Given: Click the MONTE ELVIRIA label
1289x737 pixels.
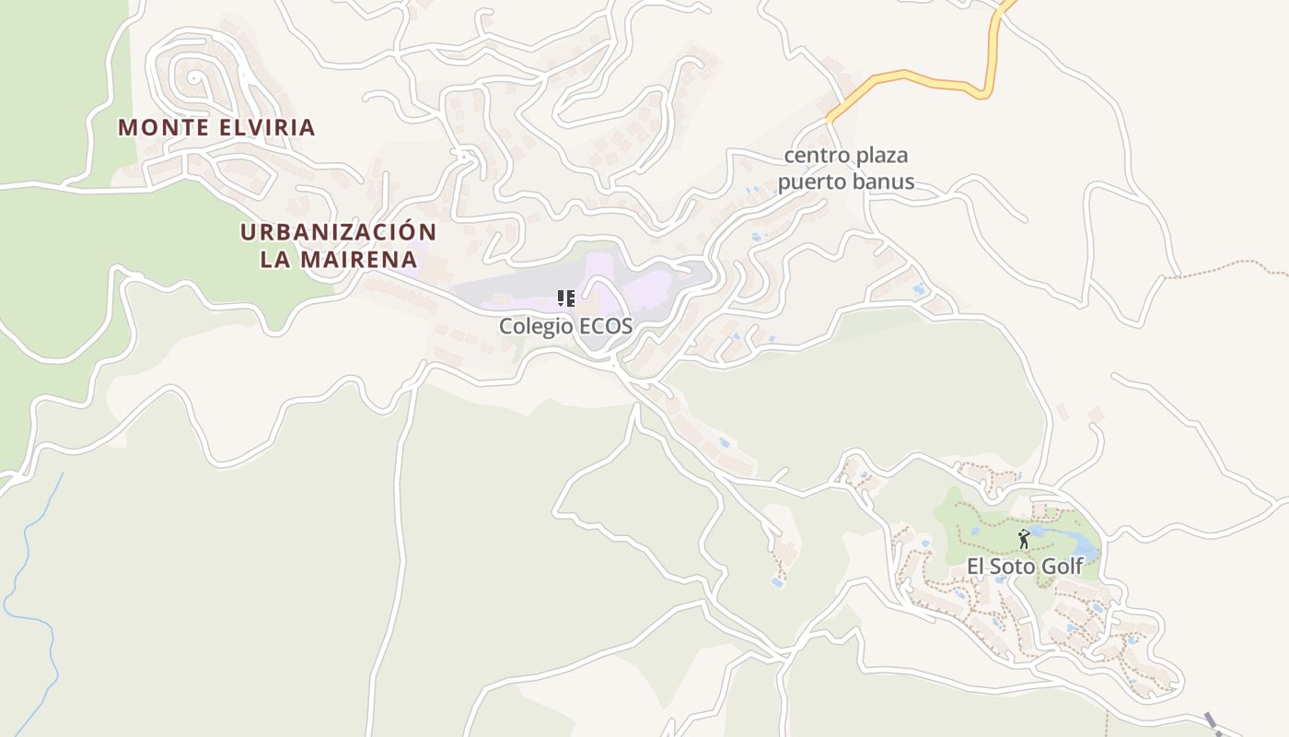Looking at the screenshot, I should click(x=216, y=127).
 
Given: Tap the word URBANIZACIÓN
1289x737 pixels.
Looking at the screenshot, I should click(x=338, y=232).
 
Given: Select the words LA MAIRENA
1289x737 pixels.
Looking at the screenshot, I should click(x=338, y=260).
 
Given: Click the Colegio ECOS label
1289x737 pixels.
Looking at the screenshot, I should click(x=565, y=326).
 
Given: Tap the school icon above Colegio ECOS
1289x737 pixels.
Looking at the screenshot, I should click(x=566, y=298).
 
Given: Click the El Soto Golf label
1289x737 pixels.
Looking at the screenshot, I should click(x=1024, y=566).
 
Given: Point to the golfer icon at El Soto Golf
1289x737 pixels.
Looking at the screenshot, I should click(x=1024, y=539).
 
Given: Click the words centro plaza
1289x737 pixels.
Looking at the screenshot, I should click(x=845, y=155).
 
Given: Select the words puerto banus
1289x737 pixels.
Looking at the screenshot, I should click(x=845, y=181).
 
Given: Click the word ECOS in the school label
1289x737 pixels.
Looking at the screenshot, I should click(x=607, y=326).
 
